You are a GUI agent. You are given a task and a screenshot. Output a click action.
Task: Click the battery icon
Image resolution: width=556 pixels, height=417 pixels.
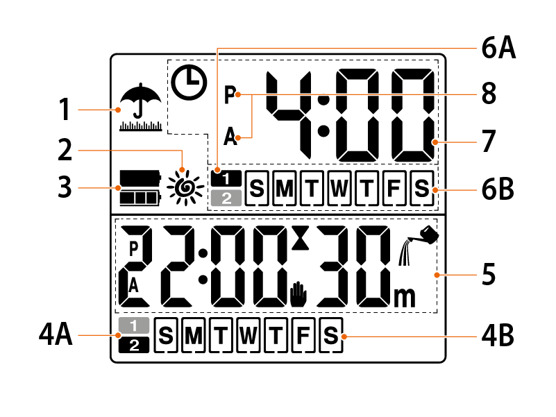tap(139, 188)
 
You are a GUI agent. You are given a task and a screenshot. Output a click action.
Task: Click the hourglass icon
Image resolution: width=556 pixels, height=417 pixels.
tap(299, 238)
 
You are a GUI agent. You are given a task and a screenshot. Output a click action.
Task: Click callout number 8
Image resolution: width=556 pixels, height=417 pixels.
tap(489, 94)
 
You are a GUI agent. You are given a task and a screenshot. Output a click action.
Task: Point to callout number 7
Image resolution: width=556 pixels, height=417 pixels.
tap(489, 142)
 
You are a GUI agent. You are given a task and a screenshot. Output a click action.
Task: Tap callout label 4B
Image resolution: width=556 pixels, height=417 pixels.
tap(497, 338)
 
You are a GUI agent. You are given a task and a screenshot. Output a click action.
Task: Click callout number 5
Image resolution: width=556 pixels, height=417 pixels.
tap(489, 274)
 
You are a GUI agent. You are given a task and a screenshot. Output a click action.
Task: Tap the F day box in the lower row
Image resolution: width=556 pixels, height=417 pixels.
tap(303, 338)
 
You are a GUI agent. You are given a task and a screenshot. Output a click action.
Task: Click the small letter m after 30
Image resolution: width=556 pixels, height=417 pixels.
tap(403, 297)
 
